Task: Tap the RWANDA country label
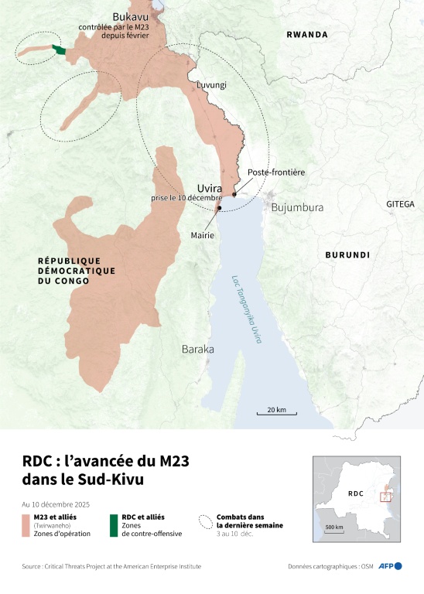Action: click(307, 35)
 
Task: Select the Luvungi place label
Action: click(211, 85)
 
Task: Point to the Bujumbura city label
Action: click(296, 207)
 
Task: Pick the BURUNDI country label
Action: click(347, 254)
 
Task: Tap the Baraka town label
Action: click(197, 350)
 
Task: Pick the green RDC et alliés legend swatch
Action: click(114, 524)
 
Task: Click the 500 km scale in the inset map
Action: click(334, 527)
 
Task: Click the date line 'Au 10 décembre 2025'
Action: click(56, 504)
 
